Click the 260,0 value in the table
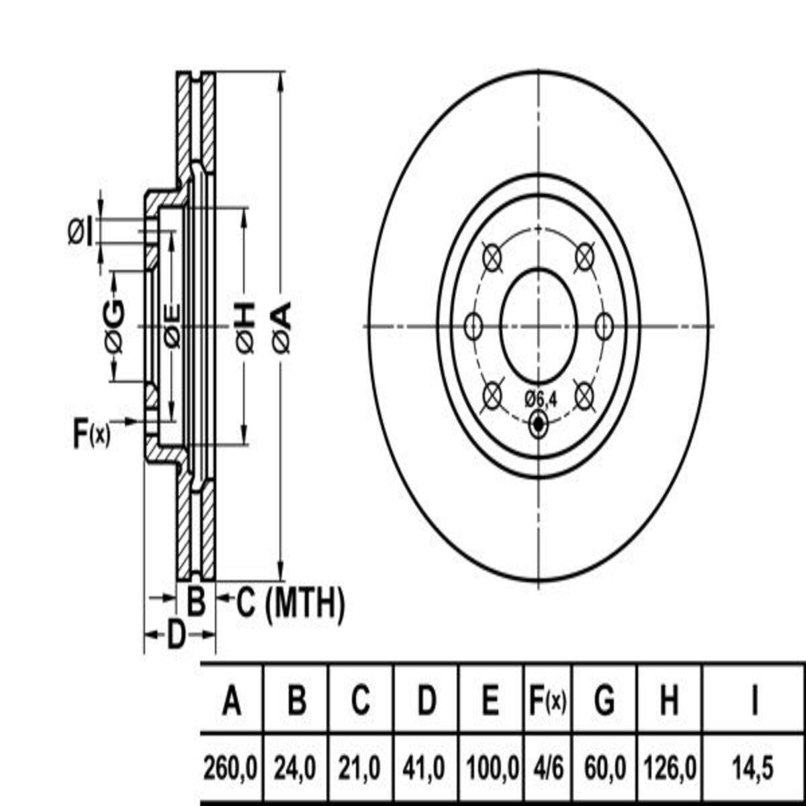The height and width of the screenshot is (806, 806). pos(230,768)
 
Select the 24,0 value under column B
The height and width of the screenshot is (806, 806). pos(295,768)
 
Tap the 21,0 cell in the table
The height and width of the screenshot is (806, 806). pos(359,768)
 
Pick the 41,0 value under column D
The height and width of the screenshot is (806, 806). pos(424,768)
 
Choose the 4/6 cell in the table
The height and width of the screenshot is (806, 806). pos(548,768)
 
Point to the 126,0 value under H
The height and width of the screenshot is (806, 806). pos(670,768)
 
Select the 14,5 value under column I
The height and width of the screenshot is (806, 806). pos(753,768)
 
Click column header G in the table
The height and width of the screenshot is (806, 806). pos(604,701)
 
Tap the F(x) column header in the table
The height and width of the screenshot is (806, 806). pos(548,701)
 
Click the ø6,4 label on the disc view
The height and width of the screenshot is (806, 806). pos(541,400)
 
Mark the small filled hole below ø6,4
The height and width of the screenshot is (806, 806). pos(538,424)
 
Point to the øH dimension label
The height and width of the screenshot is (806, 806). pos(246,327)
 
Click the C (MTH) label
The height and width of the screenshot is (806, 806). pos(291,603)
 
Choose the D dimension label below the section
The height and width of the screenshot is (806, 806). pos(176,635)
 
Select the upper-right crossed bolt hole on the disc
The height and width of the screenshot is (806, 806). pos(584,257)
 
